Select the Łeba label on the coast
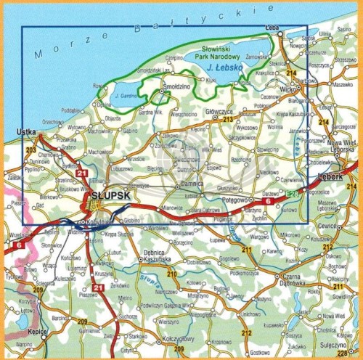(x=273, y=28)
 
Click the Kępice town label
(x=36, y=329)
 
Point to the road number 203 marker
(x=30, y=150)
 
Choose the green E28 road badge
(x=292, y=194)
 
